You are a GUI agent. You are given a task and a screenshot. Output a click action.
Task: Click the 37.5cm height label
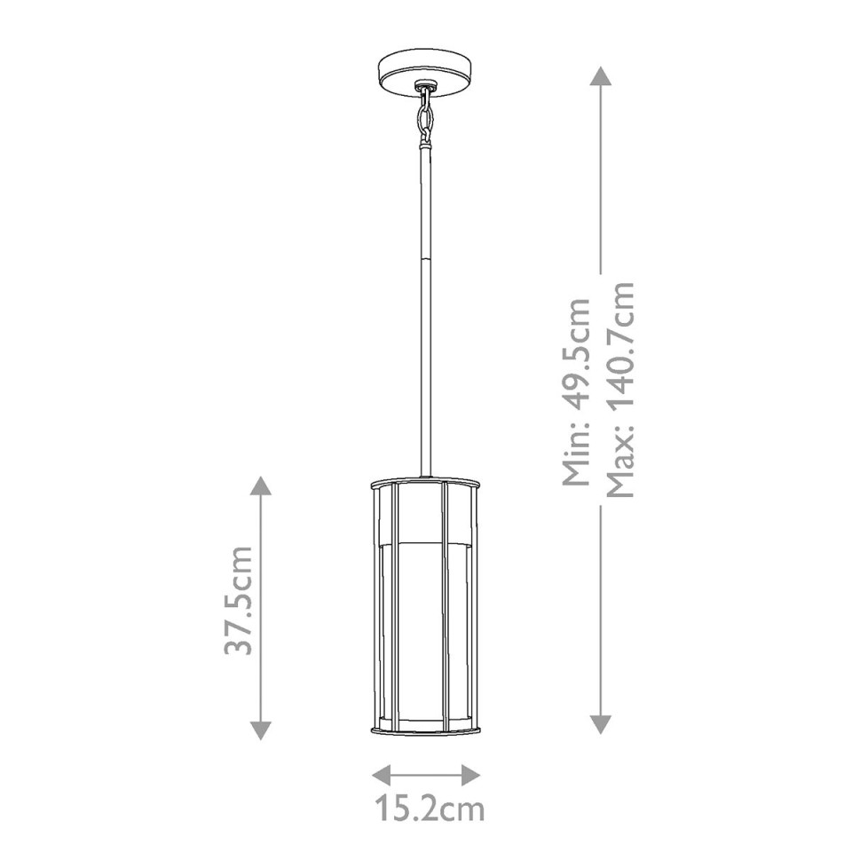tap(239, 601)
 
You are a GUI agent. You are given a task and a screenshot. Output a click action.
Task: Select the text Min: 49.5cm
tap(577, 391)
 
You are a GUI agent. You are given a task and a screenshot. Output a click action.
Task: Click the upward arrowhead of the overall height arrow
tap(601, 75)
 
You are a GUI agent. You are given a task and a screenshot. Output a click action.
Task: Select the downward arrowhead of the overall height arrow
tap(601, 722)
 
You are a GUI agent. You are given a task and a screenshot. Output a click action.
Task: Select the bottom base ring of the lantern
tap(426, 730)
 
